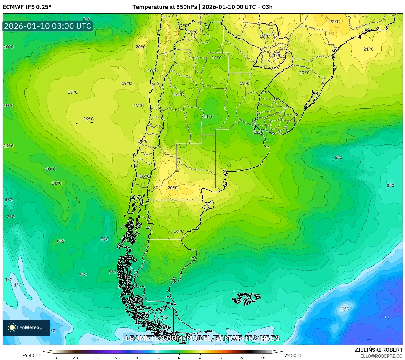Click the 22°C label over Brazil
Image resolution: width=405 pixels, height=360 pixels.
click(x=334, y=22)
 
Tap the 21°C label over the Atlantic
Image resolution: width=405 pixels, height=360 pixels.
click(x=368, y=49)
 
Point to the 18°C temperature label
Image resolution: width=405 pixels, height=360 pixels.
click(x=264, y=36)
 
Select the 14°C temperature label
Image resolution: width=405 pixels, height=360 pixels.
click(x=216, y=58)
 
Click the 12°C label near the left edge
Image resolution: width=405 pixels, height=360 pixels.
click(x=8, y=146)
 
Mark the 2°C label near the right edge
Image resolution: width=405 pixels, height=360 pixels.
click(x=390, y=185)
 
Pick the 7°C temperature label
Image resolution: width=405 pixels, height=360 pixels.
click(x=83, y=274)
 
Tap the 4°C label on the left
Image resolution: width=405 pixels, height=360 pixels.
click(x=8, y=200)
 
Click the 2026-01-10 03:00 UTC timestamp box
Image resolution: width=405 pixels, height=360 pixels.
click(x=48, y=26)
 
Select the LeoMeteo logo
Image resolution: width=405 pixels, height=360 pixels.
click(x=26, y=327)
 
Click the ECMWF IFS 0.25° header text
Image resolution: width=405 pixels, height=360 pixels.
click(x=27, y=7)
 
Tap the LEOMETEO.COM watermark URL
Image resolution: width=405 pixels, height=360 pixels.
click(x=202, y=338)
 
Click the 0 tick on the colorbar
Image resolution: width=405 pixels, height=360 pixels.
click(x=158, y=358)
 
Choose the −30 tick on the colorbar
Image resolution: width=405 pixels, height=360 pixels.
click(x=96, y=358)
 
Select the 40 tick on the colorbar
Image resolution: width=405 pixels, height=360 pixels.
click(x=242, y=358)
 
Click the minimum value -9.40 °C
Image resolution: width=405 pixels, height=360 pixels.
click(x=31, y=355)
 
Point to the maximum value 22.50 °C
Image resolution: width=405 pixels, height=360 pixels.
click(x=293, y=355)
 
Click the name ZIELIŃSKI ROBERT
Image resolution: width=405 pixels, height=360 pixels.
click(x=378, y=350)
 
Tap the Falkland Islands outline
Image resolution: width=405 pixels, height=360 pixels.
click(x=246, y=298)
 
